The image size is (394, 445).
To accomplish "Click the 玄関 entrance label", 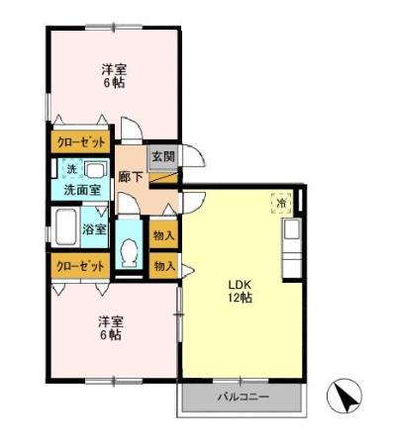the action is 163,156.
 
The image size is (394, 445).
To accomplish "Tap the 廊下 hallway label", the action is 131,177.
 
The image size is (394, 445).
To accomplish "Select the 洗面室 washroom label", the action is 82,190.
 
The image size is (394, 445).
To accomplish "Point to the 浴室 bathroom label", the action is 94,229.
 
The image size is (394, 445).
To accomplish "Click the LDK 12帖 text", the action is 240,291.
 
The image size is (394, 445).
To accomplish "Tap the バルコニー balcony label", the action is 244,397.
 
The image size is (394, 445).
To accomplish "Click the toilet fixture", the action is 129,252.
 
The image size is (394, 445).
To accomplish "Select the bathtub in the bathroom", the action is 66,227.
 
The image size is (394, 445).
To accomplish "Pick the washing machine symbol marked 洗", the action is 72,169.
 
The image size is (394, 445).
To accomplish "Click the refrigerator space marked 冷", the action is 281,203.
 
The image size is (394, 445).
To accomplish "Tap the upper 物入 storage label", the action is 163,235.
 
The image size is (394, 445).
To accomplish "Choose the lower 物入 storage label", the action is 164,266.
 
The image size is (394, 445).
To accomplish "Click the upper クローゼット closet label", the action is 81,142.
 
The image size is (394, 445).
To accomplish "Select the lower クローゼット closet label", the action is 80,266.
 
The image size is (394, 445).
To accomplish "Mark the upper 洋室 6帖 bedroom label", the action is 114,76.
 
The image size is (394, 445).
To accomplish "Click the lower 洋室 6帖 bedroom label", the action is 111,328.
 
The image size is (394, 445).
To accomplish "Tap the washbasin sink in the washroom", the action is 96,171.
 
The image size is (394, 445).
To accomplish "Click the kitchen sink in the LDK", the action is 292,229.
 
